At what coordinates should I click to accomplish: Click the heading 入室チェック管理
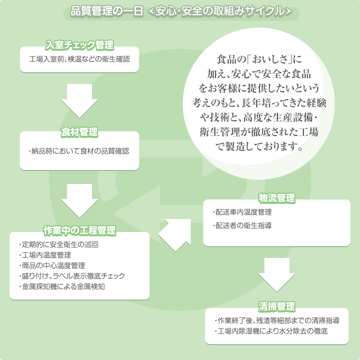[x=79, y=45]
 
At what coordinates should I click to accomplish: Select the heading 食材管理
[x=79, y=132]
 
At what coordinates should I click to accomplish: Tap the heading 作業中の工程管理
[x=79, y=230]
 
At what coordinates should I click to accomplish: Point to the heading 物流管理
[x=276, y=198]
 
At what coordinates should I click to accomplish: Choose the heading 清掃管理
[x=276, y=306]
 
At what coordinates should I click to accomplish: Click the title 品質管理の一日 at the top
[x=107, y=11]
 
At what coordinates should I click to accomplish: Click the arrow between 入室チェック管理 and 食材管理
[x=79, y=101]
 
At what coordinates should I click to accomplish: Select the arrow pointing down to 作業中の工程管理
[x=79, y=201]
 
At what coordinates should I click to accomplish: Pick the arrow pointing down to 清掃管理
[x=276, y=275]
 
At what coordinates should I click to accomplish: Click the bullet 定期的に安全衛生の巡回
[x=59, y=244]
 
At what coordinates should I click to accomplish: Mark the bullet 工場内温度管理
[x=45, y=255]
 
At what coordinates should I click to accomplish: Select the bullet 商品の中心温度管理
[x=52, y=265]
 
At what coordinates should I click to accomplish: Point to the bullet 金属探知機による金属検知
[x=62, y=286]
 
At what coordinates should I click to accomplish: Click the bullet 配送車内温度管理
[x=242, y=212]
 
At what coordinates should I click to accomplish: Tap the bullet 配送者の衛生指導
[x=242, y=225]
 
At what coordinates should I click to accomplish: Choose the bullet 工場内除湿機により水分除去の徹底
[x=271, y=331]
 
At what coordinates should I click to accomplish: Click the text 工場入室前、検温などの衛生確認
[x=79, y=59]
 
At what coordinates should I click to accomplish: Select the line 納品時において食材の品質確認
[x=79, y=151]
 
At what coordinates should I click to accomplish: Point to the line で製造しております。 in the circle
[x=259, y=146]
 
